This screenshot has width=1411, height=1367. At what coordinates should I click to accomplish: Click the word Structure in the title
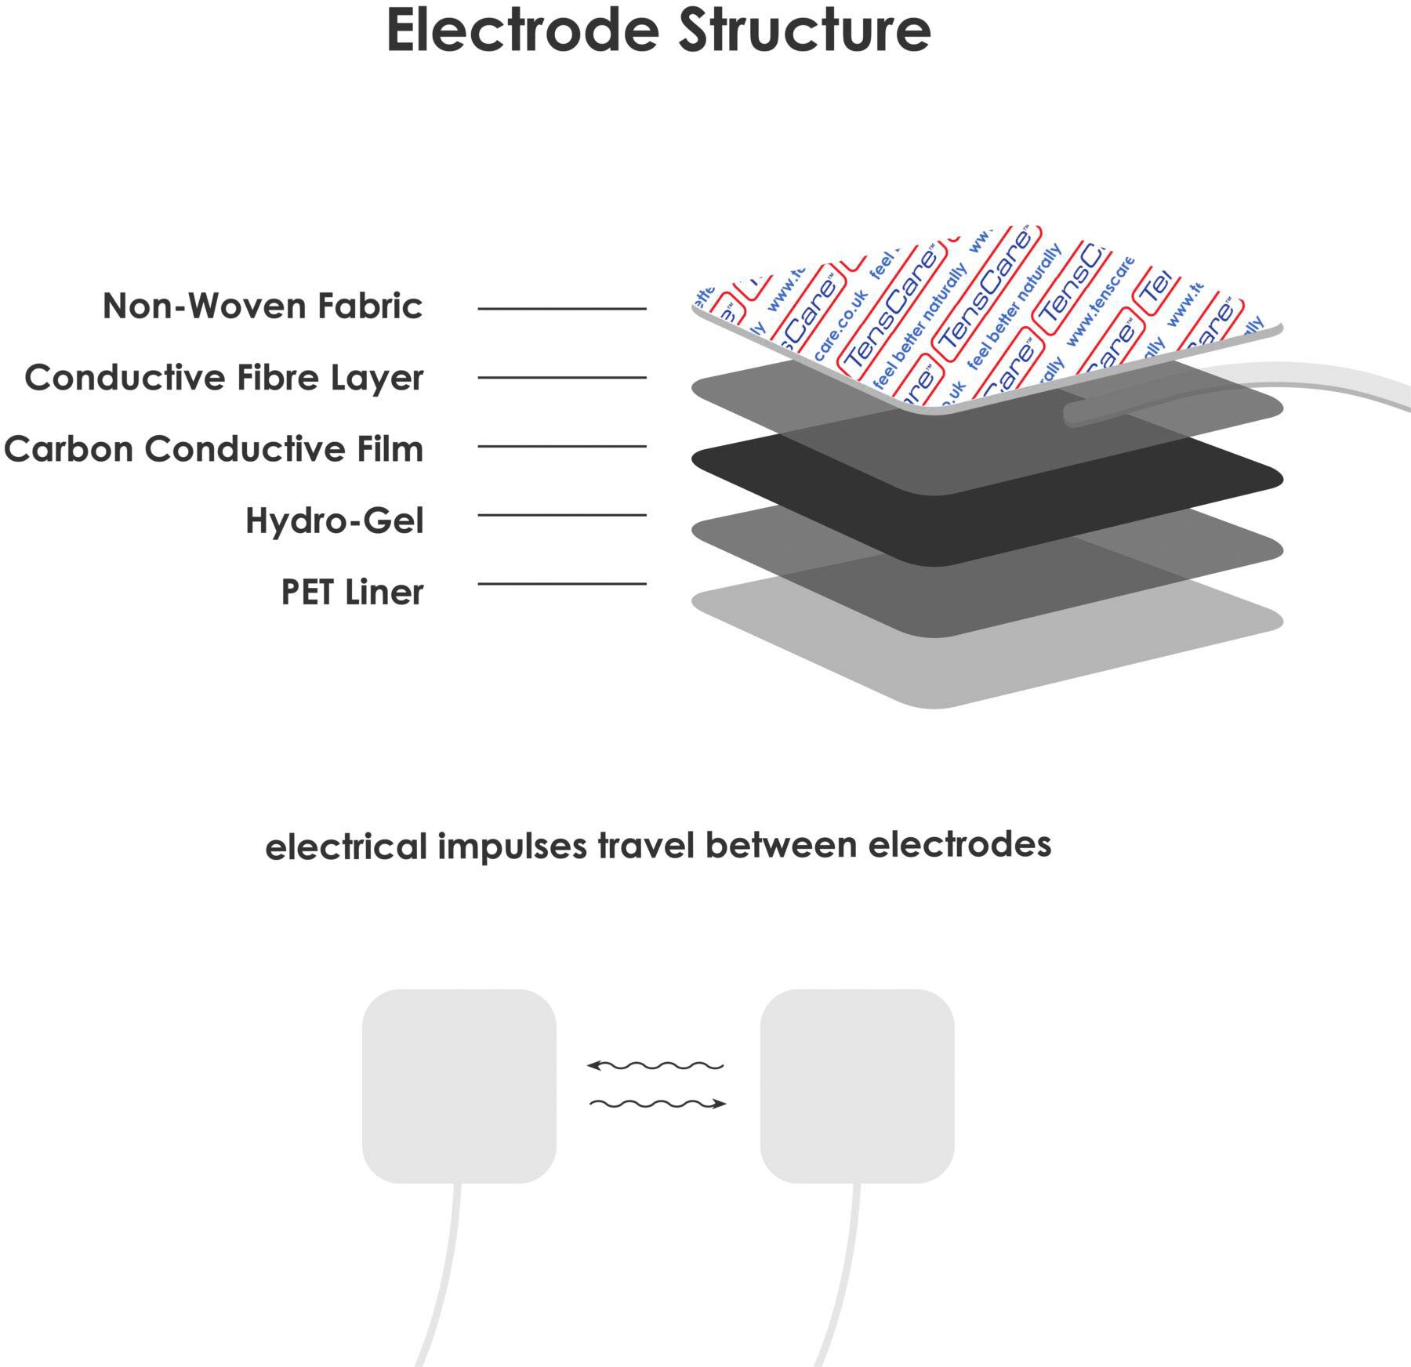click(804, 31)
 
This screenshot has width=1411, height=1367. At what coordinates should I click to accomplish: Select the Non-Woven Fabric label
click(263, 306)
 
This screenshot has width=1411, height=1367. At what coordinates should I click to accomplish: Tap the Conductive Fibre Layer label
click(224, 378)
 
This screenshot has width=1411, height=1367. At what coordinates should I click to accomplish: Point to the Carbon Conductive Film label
click(213, 449)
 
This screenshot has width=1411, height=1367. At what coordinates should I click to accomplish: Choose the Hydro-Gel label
click(335, 520)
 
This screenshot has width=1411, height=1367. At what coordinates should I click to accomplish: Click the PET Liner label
click(352, 592)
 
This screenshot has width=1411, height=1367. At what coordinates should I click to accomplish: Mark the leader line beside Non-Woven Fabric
click(562, 309)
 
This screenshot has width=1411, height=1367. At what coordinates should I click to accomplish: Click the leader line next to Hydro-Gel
click(562, 515)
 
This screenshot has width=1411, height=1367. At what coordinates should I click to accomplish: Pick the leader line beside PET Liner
click(562, 584)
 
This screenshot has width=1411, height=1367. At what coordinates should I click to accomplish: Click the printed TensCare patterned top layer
click(980, 314)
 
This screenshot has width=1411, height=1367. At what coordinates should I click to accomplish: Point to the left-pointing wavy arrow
click(655, 1066)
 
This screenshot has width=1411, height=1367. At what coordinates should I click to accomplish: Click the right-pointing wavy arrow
click(658, 1104)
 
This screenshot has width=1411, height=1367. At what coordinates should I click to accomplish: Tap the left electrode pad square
click(459, 1086)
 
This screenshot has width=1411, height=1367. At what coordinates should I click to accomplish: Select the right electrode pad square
click(857, 1086)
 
